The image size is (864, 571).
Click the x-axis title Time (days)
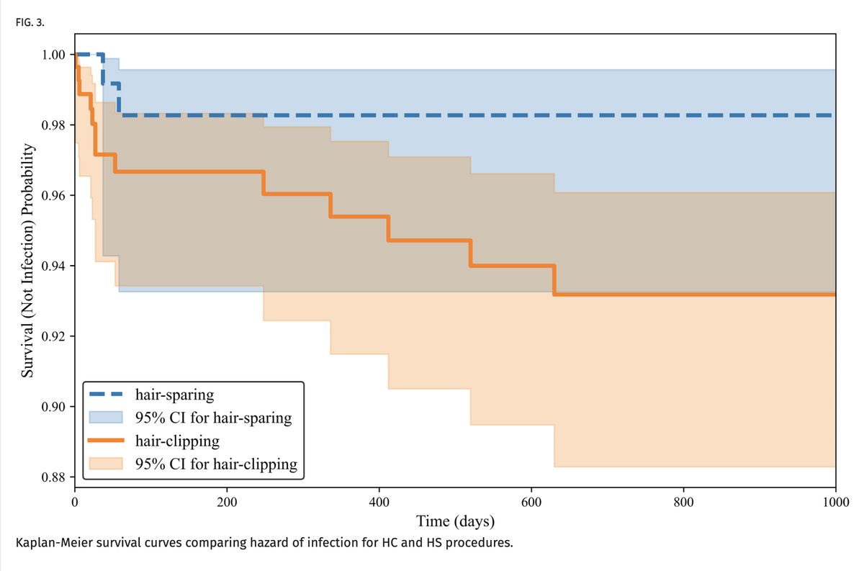(454, 520)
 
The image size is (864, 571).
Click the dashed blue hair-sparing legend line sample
(108, 394)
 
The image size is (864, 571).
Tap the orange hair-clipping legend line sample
(108, 441)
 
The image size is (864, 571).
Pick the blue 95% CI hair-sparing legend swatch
(108, 417)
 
